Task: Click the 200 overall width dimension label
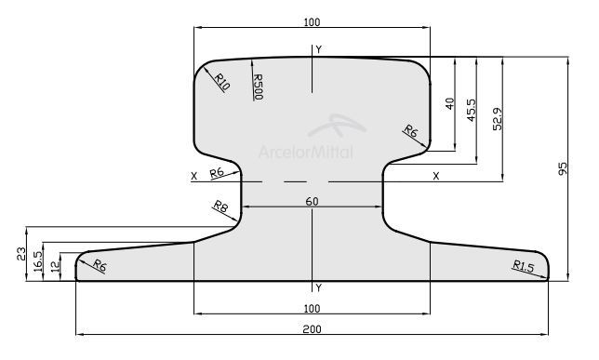312,329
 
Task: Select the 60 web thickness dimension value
312,202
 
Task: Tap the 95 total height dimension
563,169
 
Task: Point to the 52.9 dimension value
498,119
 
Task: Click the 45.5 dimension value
472,110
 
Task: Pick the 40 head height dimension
449,103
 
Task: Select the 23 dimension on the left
21,254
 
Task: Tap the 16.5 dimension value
38,261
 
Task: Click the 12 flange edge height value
56,265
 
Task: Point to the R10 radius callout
221,82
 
